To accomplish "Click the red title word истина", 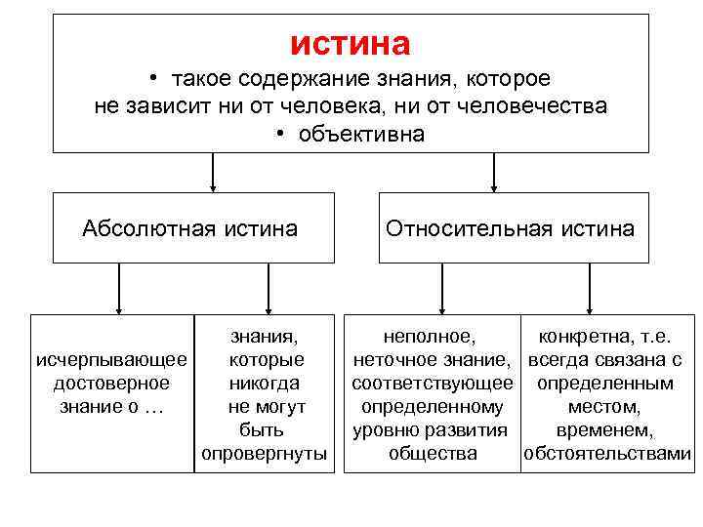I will pos(351,43).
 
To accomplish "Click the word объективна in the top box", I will pos(360,134).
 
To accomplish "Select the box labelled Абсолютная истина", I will pos(192,228).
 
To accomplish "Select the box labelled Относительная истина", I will pos(513,228).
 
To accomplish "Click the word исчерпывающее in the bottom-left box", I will pos(111,361).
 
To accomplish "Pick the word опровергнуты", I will pos(265,454).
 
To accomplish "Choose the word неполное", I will pos(431,338).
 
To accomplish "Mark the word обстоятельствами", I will pos(607,454).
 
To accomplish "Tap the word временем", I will pos(605,430).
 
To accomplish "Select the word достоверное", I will pos(110,384).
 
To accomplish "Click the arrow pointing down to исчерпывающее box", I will pos(119,289).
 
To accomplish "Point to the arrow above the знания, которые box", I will pos(268,289).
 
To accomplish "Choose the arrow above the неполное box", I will pos(442,289).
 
